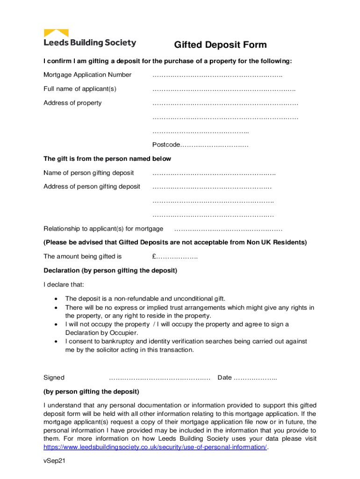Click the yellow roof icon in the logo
(x=56, y=33)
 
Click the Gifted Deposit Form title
(x=220, y=45)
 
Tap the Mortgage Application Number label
(x=87, y=75)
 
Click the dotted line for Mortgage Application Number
(x=217, y=75)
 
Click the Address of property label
(x=72, y=103)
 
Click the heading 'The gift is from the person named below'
(x=107, y=159)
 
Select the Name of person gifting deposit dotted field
(x=214, y=173)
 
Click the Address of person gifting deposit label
(x=92, y=187)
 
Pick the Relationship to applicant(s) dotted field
(x=228, y=229)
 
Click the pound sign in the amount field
(x=154, y=256)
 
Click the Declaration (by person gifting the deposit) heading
(x=110, y=270)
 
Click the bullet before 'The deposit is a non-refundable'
(x=57, y=298)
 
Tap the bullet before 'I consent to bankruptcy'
(x=57, y=341)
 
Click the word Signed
(x=54, y=377)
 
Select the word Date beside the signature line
(x=224, y=377)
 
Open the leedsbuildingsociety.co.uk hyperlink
(x=155, y=447)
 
